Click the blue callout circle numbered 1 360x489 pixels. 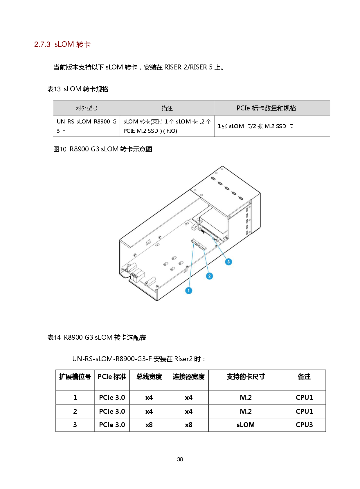tap(189, 290)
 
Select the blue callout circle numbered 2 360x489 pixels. tap(209, 276)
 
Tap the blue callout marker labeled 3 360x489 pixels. tap(228, 262)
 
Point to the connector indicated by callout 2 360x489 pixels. tap(202, 247)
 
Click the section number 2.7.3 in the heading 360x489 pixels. tap(42, 44)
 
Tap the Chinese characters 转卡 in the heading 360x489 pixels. tap(84, 44)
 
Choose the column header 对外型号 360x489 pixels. tap(87, 108)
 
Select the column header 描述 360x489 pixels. tap(167, 108)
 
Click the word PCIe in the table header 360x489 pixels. tap(243, 108)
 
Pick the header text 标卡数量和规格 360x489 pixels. tap(274, 108)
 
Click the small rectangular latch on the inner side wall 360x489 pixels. tap(148, 242)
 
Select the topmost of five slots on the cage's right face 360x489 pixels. tap(248, 209)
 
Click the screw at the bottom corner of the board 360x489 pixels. tap(157, 286)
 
